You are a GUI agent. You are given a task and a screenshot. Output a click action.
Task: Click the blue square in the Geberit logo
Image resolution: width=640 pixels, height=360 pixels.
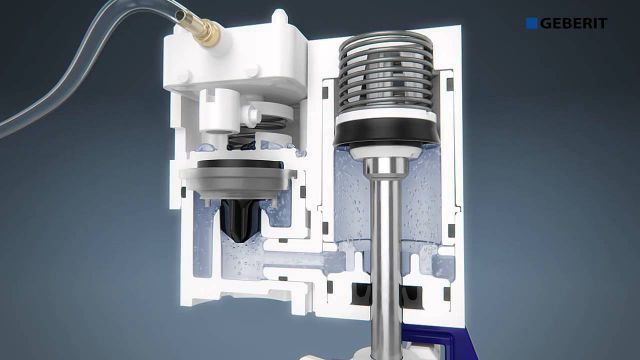pos(531,23)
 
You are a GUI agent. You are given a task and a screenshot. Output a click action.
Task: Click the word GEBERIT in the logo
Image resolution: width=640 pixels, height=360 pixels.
pos(573,23)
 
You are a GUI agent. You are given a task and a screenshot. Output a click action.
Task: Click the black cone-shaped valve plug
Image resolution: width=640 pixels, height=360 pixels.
pos(239,220)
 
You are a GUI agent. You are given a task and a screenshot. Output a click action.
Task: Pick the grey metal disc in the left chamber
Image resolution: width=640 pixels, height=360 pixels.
pos(238,183)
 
